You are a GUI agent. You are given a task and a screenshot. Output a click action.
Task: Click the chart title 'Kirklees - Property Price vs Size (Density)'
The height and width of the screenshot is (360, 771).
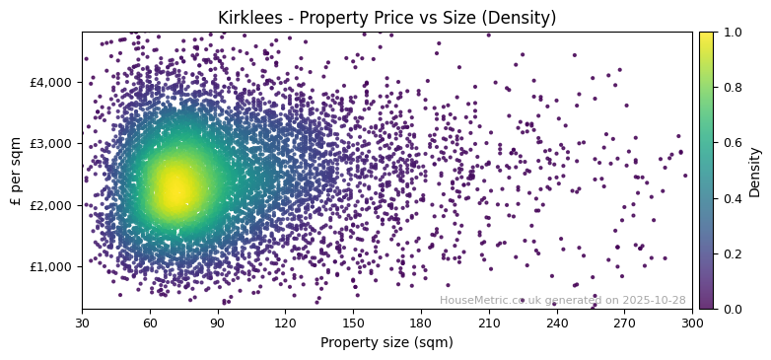(385, 18)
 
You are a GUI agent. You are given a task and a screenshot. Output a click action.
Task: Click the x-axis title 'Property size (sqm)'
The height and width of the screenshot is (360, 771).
(386, 342)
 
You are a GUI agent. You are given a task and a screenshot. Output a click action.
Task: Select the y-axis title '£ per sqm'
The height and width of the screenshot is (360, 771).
(16, 171)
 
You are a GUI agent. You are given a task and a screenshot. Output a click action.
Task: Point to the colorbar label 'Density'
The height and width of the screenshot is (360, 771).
(755, 171)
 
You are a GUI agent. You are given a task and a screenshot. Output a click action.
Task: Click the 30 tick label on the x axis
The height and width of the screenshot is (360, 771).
(82, 322)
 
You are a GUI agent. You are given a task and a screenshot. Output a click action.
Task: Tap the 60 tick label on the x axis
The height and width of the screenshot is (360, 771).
(150, 322)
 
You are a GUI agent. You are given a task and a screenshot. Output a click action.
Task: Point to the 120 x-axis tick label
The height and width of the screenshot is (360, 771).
(285, 322)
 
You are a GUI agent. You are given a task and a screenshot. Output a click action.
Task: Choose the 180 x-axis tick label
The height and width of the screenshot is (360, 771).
(421, 322)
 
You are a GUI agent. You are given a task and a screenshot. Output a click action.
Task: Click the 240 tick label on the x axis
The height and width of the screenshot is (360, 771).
(557, 322)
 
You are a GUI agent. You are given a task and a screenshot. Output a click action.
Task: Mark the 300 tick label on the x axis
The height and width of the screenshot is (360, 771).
(692, 322)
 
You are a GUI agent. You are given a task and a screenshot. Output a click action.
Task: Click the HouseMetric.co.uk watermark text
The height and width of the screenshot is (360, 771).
(562, 300)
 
